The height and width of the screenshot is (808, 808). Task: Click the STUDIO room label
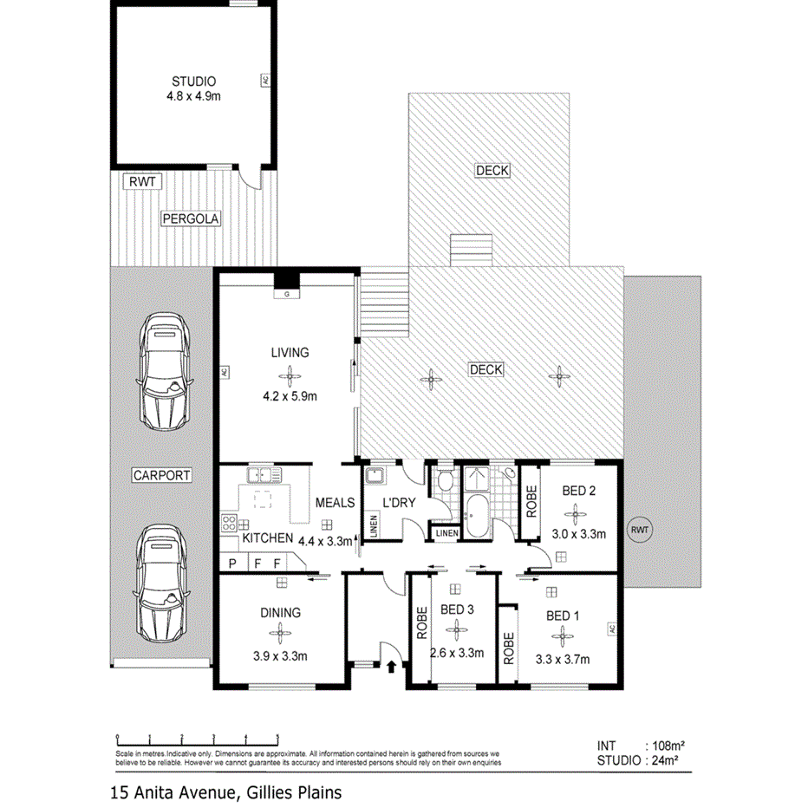click(x=193, y=81)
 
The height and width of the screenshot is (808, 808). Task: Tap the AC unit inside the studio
click(x=265, y=80)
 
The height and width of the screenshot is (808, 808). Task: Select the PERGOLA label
click(x=191, y=219)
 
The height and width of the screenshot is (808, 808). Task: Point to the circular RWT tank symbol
click(x=640, y=529)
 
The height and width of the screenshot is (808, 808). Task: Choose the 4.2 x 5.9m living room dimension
click(x=289, y=397)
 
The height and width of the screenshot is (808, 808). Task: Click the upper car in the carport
click(x=166, y=373)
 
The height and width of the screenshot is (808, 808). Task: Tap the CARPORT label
click(x=161, y=475)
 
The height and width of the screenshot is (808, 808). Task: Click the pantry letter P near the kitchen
click(x=232, y=564)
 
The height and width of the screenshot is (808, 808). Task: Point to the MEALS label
click(x=335, y=503)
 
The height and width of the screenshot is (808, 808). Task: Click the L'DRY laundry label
click(x=401, y=503)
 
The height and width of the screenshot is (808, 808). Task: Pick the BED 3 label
click(x=457, y=609)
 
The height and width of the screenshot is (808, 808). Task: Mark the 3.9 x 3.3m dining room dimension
click(x=279, y=655)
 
